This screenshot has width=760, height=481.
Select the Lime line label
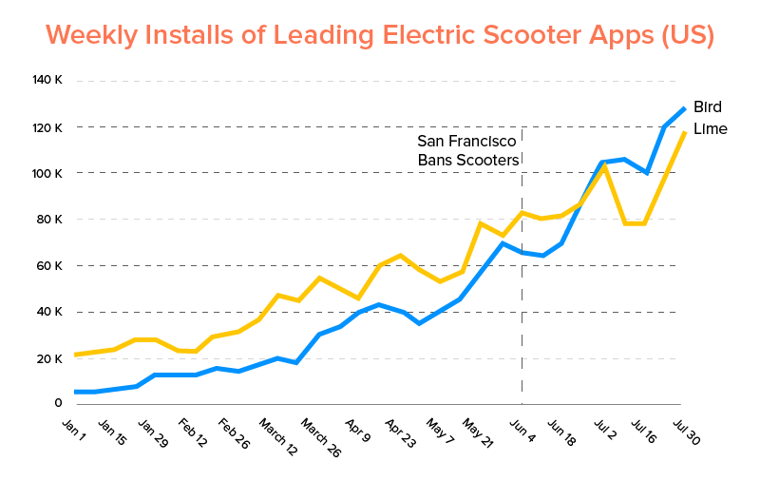(x=710, y=129)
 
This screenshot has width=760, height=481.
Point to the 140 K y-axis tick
(x=47, y=80)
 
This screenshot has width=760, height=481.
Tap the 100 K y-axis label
(x=47, y=173)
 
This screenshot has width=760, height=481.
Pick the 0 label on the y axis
(x=58, y=404)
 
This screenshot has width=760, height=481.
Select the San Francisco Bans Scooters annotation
(x=468, y=150)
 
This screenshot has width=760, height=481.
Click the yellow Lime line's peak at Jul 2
(x=603, y=167)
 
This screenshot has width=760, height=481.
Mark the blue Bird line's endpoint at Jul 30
(x=683, y=109)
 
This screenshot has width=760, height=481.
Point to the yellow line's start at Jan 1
(x=75, y=355)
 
